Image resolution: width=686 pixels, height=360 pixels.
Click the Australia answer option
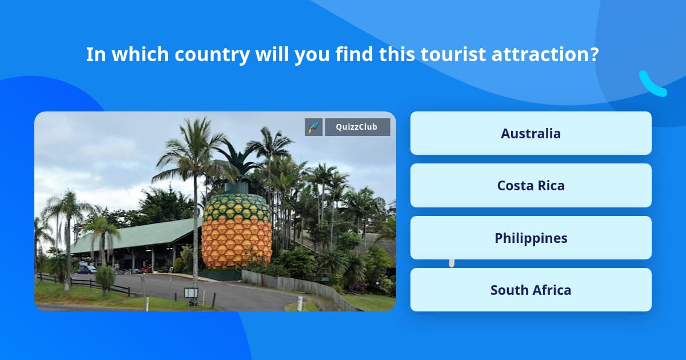pos(531,133)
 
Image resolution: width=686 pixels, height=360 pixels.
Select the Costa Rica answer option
pos(531,186)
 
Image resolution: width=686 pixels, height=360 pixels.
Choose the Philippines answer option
pos(531,238)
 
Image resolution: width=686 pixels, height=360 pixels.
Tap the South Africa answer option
pos(531,290)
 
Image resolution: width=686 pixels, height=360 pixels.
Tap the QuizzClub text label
pos(357,127)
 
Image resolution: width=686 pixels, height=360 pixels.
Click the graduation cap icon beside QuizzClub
pos(314,127)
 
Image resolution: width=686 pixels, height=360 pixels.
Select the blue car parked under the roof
pos(86,269)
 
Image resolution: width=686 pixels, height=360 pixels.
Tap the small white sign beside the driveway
pos(190,293)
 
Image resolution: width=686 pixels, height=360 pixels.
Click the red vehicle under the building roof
pos(145,269)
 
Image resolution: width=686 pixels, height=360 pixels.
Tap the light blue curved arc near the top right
pos(652,85)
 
